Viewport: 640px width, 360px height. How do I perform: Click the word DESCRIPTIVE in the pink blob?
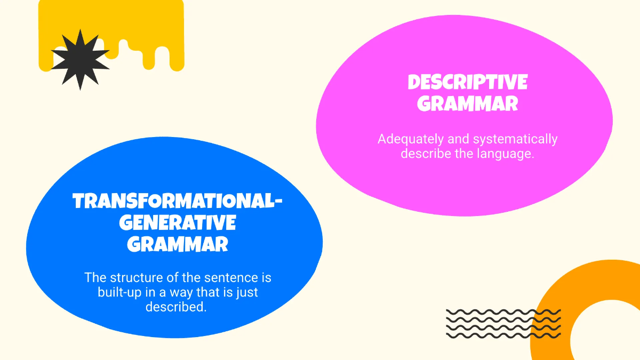click(x=467, y=83)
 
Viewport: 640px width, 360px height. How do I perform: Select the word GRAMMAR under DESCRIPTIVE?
click(x=467, y=103)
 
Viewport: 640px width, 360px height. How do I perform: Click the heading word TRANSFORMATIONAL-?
click(x=178, y=202)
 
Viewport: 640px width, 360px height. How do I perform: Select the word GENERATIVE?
click(x=178, y=223)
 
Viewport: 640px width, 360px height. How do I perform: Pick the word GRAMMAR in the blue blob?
click(x=178, y=244)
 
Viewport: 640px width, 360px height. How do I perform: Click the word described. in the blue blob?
click(x=175, y=307)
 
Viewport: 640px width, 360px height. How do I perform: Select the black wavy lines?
click(x=503, y=323)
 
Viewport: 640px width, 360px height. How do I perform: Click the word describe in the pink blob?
click(x=425, y=154)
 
